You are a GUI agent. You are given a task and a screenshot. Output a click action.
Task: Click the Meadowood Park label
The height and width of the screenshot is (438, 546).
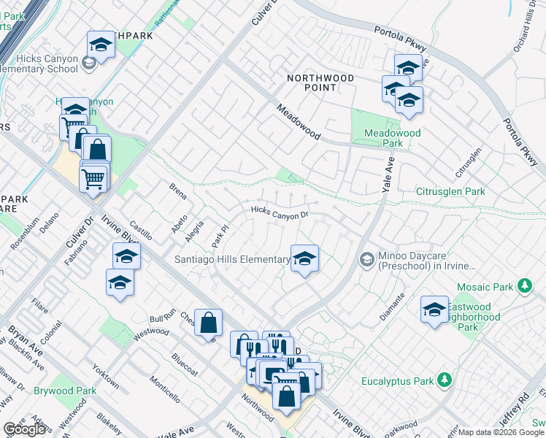[393, 138]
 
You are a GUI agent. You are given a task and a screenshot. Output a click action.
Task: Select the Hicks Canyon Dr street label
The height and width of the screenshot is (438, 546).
[280, 213]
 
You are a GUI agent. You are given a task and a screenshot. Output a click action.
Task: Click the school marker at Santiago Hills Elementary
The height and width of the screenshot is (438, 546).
[304, 258]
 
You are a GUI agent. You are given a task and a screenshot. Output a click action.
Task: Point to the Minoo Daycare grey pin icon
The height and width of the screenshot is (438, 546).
[366, 259]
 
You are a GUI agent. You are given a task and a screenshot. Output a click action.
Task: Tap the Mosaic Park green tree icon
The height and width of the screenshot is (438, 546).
[523, 285]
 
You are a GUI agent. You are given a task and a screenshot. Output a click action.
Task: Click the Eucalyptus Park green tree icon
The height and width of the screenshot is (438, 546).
[444, 380]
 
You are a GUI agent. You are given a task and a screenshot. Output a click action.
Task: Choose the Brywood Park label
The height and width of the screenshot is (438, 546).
[65, 391]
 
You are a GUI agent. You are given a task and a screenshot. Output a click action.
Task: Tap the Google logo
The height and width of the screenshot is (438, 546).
[24, 429]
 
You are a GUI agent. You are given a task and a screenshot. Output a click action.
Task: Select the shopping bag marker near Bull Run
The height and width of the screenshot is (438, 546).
[208, 322]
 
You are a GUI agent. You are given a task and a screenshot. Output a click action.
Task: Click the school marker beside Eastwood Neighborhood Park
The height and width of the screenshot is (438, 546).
[434, 310]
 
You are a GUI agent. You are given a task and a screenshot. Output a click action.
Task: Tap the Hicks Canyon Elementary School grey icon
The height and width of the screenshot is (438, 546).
[89, 64]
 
